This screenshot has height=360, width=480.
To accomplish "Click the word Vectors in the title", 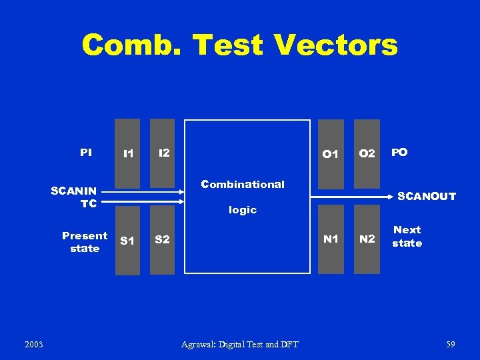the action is (x=335, y=45).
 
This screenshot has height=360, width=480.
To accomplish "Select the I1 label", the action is (x=128, y=154).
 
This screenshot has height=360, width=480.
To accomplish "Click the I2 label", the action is (x=163, y=153).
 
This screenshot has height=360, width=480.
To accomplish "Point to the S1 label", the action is (x=127, y=241).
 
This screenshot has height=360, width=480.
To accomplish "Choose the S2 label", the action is (x=162, y=239).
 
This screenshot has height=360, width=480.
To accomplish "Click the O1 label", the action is (x=330, y=154).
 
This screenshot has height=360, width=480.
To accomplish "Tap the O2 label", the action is (x=367, y=154).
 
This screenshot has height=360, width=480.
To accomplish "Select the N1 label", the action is (x=331, y=239).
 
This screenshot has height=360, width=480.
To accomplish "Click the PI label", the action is (x=86, y=153).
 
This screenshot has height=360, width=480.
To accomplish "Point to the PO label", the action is (x=399, y=153).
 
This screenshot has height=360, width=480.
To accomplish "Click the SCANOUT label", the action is (x=427, y=196).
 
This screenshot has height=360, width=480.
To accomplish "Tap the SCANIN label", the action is (x=74, y=191).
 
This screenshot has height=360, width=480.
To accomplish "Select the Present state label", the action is (x=85, y=242).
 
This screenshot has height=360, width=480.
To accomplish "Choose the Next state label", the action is (x=407, y=237).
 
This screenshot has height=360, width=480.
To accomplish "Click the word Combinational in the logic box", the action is (x=243, y=184).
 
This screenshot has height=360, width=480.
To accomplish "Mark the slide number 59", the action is (x=451, y=344).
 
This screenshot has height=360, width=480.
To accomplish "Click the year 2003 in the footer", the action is (x=33, y=344).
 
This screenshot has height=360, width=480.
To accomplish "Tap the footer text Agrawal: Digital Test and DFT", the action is (x=240, y=344).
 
